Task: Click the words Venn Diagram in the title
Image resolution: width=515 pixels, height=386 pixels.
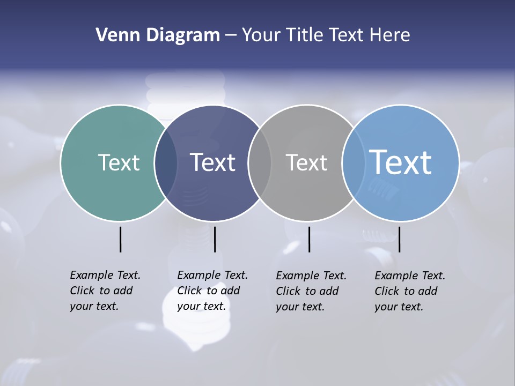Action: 158,35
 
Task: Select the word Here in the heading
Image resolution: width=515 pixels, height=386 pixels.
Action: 390,35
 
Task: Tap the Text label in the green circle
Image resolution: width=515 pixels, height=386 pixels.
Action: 119,162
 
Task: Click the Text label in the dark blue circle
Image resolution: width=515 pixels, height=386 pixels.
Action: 212,162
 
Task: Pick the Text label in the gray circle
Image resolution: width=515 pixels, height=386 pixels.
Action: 306,162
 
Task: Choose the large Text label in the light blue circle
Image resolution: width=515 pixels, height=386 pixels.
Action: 401,162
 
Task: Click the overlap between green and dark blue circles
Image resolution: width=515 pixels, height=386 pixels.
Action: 166,163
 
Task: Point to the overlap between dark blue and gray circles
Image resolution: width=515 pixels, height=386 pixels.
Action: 260,163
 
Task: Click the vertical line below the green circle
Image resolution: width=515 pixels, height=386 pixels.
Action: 120,239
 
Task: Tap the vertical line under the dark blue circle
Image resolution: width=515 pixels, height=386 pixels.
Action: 215,239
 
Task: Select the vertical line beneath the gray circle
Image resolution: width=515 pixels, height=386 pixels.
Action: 309,239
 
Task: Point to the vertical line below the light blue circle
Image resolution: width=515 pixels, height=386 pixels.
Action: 399,239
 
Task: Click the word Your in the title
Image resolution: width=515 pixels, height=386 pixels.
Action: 261,35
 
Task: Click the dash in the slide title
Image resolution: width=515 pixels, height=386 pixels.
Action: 231,36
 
